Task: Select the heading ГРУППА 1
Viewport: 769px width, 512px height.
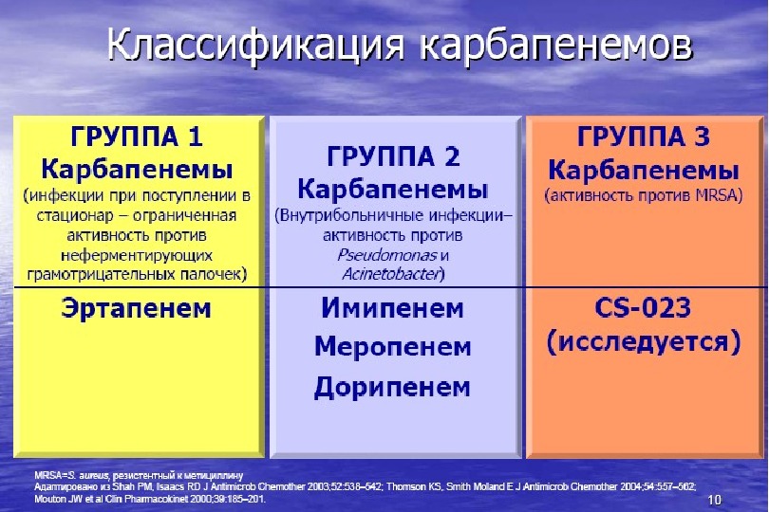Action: [x=138, y=138]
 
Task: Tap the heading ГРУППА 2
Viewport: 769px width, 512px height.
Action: [x=392, y=155]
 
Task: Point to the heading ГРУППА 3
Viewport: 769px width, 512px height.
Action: [x=643, y=138]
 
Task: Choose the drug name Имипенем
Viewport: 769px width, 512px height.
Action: [x=392, y=308]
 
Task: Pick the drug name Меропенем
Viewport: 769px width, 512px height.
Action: [x=392, y=347]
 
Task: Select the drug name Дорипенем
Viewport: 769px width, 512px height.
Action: [x=392, y=386]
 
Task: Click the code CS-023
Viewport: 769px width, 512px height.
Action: [x=643, y=308]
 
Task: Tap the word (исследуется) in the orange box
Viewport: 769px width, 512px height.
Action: [x=643, y=341]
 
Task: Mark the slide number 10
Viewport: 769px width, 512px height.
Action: [x=714, y=500]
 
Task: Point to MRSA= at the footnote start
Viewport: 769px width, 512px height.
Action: [x=52, y=472]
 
